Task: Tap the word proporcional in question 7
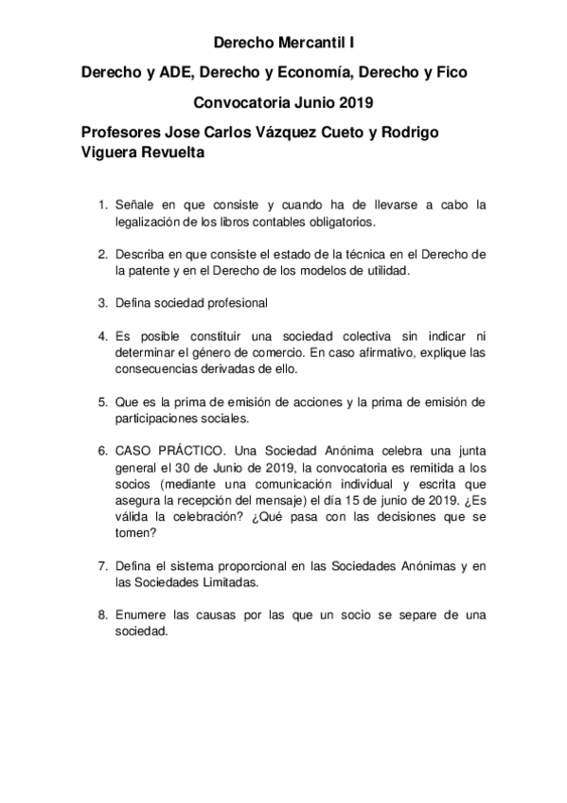click(x=247, y=565)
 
